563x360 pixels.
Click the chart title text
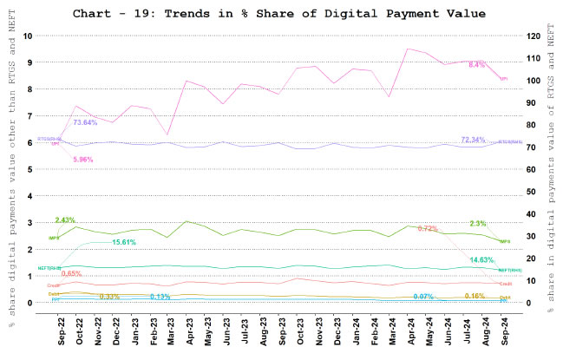pyautogui.click(x=281, y=14)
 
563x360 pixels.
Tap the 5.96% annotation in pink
pyautogui.click(x=83, y=160)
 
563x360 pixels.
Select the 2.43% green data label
pyautogui.click(x=65, y=220)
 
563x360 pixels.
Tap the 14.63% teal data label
pyautogui.click(x=481, y=260)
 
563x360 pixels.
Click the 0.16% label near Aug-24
pyautogui.click(x=475, y=296)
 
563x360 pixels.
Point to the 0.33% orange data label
pyautogui.click(x=109, y=297)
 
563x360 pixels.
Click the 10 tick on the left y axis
pyautogui.click(x=29, y=36)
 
